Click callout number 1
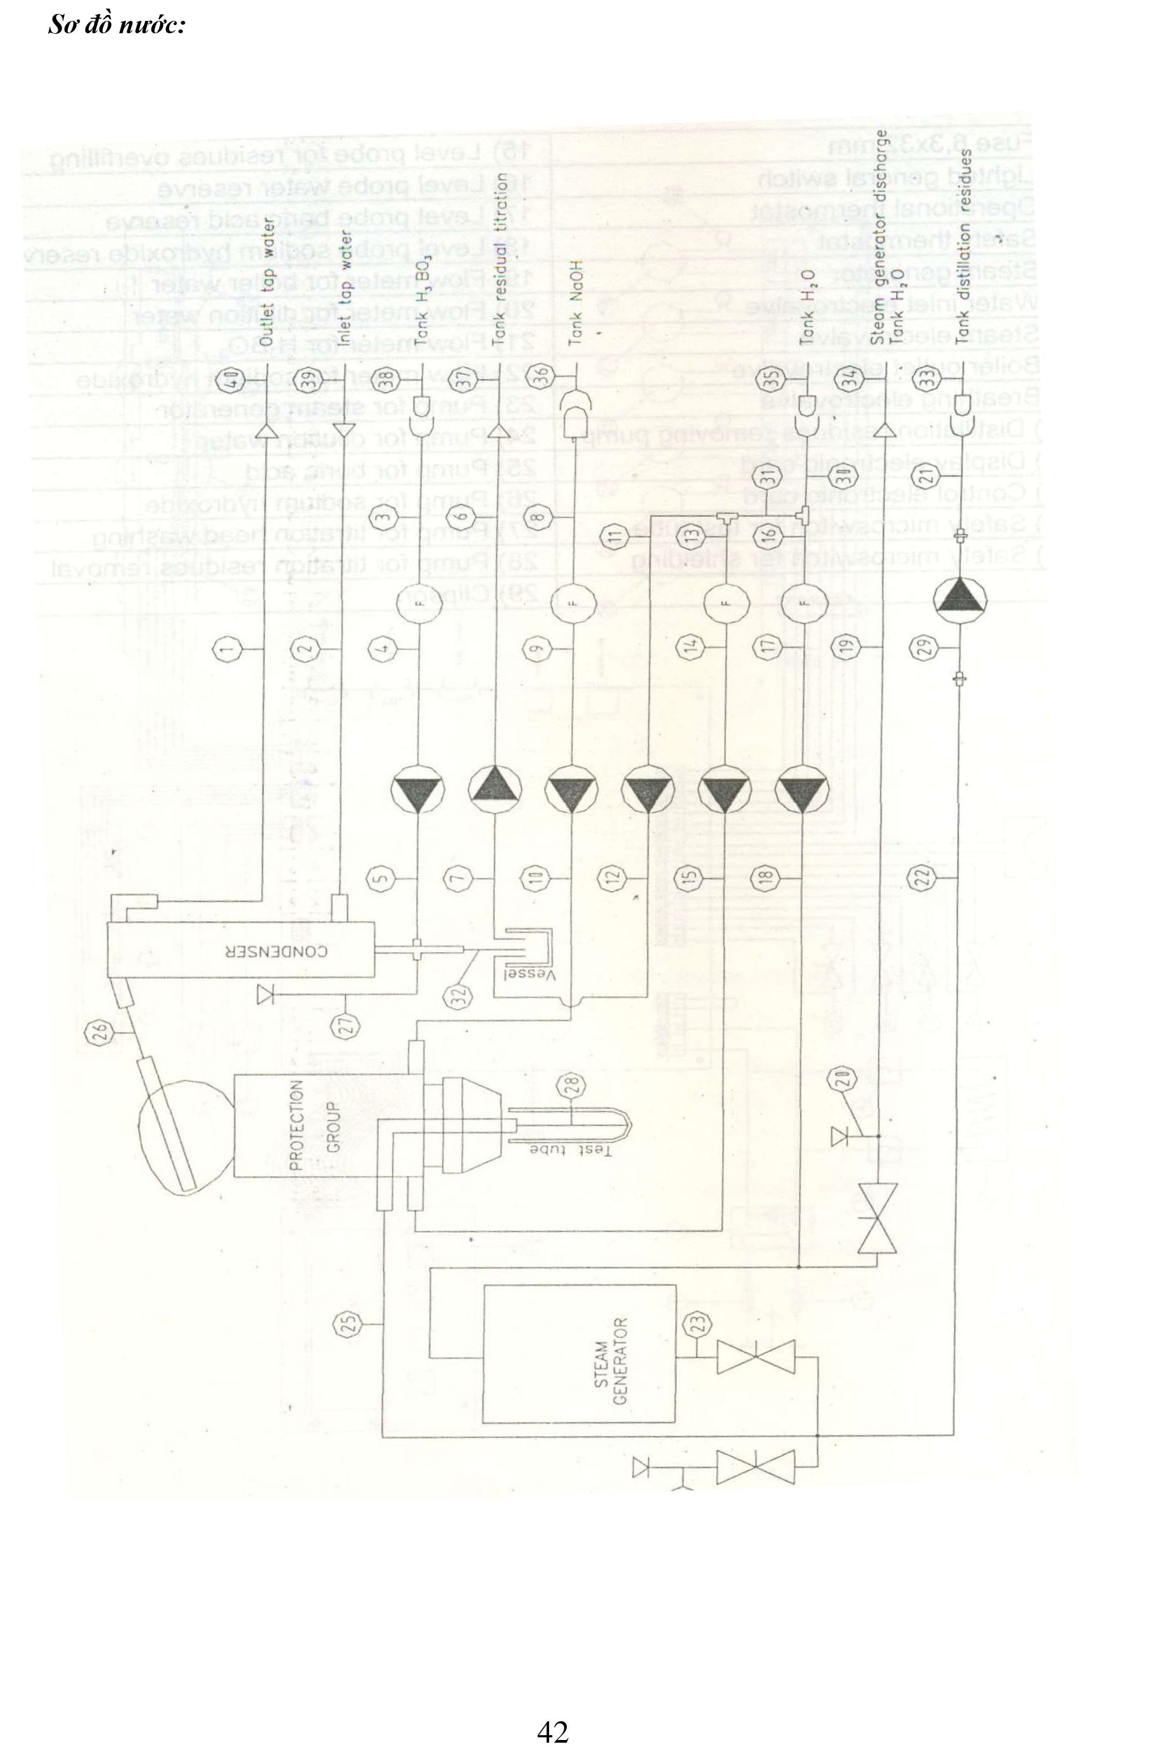click(x=228, y=650)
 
